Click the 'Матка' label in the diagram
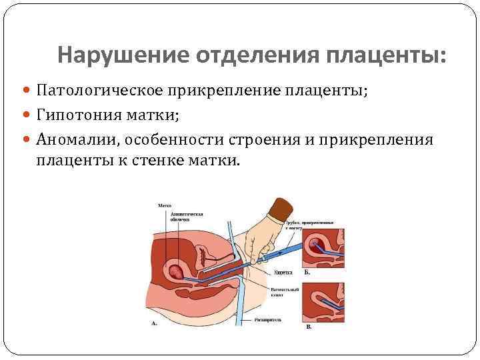[x=165, y=206]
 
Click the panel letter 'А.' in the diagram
[x=155, y=323]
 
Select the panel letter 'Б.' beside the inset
[x=307, y=273]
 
